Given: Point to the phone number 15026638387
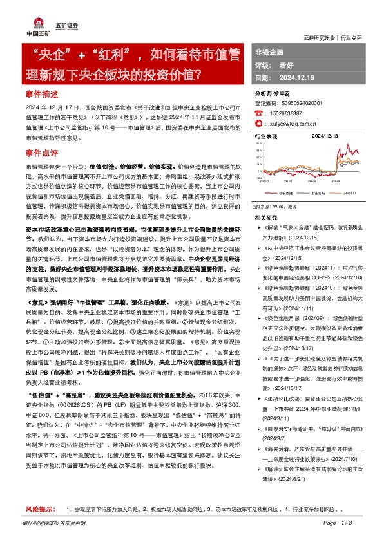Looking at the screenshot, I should click(x=285, y=112).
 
